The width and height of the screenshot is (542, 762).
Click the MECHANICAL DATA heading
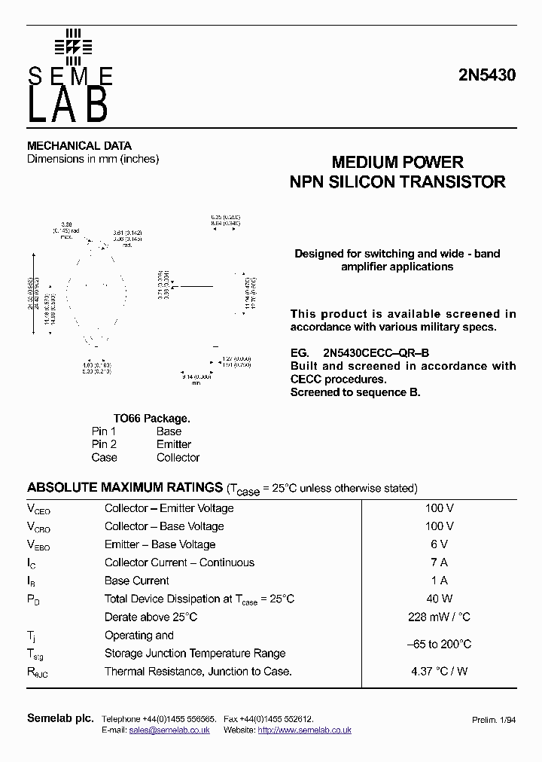click(79, 145)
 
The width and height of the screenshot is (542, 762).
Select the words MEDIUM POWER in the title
click(397, 163)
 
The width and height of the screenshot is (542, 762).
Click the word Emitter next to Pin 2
click(174, 444)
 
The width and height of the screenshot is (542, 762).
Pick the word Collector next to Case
click(178, 457)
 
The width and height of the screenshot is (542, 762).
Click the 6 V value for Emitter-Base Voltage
click(439, 544)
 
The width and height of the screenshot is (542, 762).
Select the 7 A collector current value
click(439, 562)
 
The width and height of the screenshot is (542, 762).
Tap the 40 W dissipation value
click(439, 599)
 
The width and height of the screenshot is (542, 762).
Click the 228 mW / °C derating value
click(439, 617)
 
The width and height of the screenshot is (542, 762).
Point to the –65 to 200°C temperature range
click(439, 644)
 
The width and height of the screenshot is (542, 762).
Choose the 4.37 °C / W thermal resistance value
click(439, 671)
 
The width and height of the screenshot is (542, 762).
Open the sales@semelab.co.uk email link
click(169, 730)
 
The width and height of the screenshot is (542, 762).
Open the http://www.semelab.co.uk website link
click(304, 730)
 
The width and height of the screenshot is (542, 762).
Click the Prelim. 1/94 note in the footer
click(493, 721)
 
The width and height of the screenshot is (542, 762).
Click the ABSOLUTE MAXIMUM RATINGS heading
click(124, 487)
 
